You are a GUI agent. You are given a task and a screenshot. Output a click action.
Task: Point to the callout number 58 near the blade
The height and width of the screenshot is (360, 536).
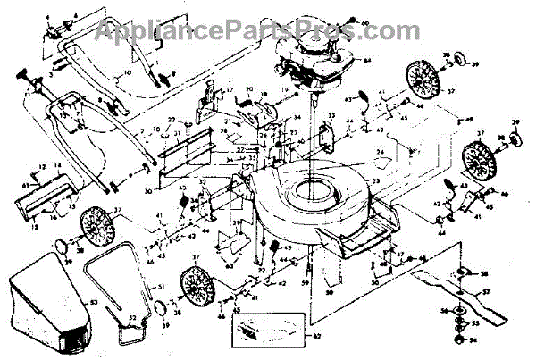tap(484, 273)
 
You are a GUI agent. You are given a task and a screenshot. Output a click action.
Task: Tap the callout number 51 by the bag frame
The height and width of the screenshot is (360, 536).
tap(161, 286)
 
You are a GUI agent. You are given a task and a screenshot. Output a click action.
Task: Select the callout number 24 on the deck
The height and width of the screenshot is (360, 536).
tap(379, 153)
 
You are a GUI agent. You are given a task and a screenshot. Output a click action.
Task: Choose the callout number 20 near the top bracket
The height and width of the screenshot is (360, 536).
tap(249, 90)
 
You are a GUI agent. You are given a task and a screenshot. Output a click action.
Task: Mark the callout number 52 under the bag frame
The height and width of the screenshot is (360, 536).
tap(132, 317)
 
